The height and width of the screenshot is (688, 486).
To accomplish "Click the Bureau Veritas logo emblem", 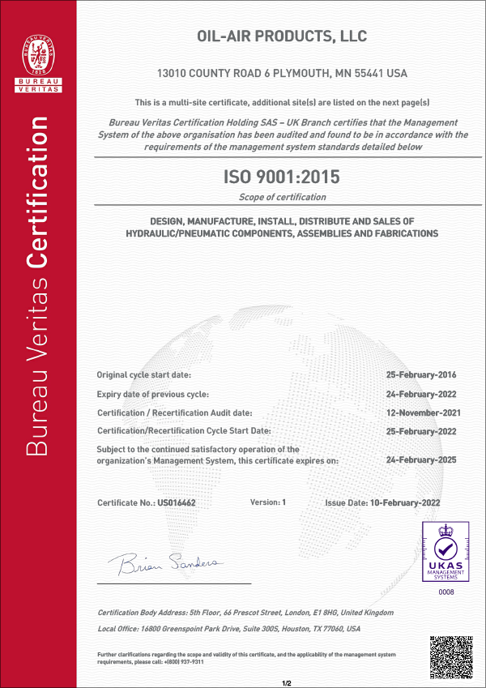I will (37, 50).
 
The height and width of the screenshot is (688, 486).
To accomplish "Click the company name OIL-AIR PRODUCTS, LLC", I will (283, 37).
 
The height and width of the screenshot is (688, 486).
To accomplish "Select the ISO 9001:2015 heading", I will (282, 177).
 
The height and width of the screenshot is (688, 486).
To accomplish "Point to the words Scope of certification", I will (283, 197).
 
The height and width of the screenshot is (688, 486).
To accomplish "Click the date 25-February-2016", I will (424, 375).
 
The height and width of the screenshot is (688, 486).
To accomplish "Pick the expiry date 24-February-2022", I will (424, 394).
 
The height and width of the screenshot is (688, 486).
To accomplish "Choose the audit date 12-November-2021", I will (424, 412).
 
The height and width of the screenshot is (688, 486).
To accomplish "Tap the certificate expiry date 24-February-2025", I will (424, 459).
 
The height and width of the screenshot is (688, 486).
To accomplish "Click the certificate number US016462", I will (177, 502).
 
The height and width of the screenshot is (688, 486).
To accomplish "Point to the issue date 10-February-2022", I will (405, 502).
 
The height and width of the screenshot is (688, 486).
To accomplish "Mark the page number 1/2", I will (286, 683).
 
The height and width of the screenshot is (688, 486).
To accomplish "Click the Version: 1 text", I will (268, 502).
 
